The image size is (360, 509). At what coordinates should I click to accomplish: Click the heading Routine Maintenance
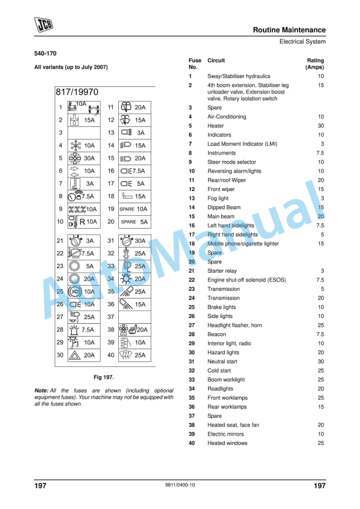[289, 29]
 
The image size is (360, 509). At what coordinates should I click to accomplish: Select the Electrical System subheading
[302, 42]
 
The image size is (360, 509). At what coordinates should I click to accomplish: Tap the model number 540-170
[45, 54]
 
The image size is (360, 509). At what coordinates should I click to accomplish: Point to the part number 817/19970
[77, 92]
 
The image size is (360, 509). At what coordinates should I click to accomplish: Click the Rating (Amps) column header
[315, 64]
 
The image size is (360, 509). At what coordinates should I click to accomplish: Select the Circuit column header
[216, 61]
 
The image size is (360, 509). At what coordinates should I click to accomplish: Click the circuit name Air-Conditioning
[227, 117]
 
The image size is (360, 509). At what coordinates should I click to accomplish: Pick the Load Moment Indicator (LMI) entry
[242, 144]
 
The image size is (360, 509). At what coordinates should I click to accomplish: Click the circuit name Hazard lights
[224, 353]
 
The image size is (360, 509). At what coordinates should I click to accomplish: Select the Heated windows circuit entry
[227, 443]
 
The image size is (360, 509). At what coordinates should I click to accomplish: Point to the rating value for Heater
[321, 126]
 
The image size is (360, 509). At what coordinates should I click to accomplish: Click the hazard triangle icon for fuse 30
[75, 355]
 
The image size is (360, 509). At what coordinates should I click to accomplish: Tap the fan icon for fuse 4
[74, 145]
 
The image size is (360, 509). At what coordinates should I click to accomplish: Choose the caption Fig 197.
[104, 376]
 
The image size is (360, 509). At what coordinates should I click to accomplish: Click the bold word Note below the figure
[41, 390]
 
